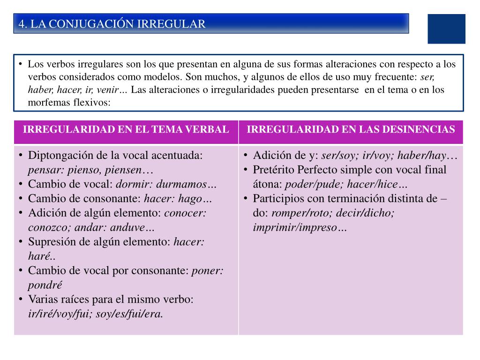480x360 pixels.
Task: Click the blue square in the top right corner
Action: (x=446, y=29)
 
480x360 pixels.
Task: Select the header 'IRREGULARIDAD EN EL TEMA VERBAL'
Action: (x=126, y=130)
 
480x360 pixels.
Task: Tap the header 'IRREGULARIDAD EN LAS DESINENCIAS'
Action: (x=351, y=130)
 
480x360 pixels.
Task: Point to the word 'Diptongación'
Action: (x=58, y=156)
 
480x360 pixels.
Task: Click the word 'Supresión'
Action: (x=50, y=242)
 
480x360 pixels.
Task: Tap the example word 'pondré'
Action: (x=45, y=285)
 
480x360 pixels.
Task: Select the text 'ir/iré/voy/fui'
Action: (x=60, y=314)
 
